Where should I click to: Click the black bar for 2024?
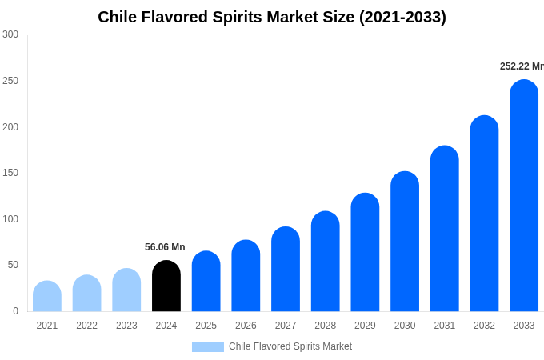pyautogui.click(x=166, y=286)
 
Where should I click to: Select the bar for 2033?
pyautogui.click(x=524, y=196)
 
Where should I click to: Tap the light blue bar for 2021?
pyautogui.click(x=47, y=297)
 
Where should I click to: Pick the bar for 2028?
pyautogui.click(x=326, y=262)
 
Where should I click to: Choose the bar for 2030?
pyautogui.click(x=405, y=242)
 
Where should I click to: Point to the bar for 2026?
pyautogui.click(x=246, y=276)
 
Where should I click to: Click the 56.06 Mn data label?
pyautogui.click(x=165, y=247)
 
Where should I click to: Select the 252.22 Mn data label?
pyautogui.click(x=522, y=66)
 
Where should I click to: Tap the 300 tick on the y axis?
pyautogui.click(x=10, y=34)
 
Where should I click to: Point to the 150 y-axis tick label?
pyautogui.click(x=10, y=173)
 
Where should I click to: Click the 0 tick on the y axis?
pyautogui.click(x=15, y=311)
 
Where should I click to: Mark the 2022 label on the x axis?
pyautogui.click(x=86, y=326)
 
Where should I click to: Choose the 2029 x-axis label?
pyautogui.click(x=365, y=326)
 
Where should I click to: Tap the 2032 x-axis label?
pyautogui.click(x=484, y=326)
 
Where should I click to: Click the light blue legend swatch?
pyautogui.click(x=207, y=346)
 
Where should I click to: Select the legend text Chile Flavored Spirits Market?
pyautogui.click(x=290, y=346)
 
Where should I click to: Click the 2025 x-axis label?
pyautogui.click(x=206, y=326)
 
